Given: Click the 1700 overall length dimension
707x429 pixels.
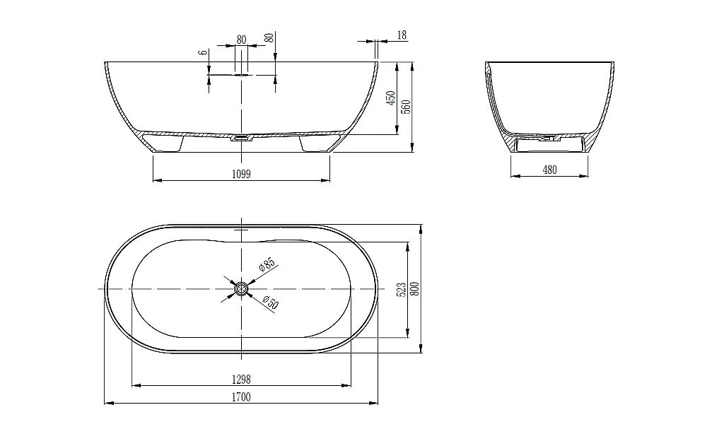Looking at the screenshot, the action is [x=241, y=397].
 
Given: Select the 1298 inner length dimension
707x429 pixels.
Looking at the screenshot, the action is [x=241, y=380].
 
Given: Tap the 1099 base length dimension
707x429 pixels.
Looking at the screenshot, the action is [x=241, y=174].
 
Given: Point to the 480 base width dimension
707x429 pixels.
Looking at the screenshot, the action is [x=549, y=170].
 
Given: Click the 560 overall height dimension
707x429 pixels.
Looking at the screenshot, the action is [x=407, y=106].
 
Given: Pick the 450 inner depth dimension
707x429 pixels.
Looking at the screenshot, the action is [x=390, y=98].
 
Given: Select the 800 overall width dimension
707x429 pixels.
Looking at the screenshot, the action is [x=415, y=289].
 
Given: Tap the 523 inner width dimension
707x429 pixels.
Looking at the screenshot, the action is [x=402, y=290].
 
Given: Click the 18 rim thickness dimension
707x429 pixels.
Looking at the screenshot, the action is [x=402, y=35].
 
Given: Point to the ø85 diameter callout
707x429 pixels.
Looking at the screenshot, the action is [x=267, y=264].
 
